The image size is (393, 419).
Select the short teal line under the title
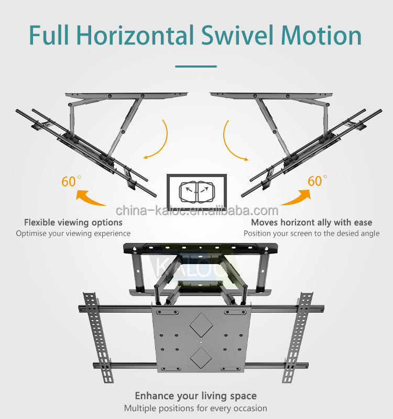(x=196, y=67)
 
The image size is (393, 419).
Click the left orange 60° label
(x=71, y=181)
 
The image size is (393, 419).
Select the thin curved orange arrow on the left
(x=160, y=139)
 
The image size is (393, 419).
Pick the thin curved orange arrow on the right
(x=232, y=139)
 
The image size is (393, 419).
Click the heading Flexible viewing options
(x=73, y=223)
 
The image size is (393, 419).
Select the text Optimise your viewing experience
(x=73, y=234)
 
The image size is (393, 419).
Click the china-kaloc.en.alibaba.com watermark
(x=196, y=211)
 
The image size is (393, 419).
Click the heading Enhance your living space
(x=196, y=396)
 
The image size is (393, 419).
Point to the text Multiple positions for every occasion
(x=196, y=408)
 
